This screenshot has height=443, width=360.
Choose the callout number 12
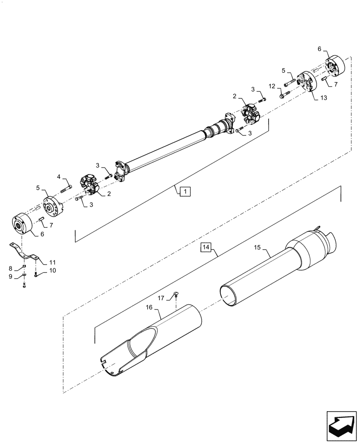click(x=272, y=85)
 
